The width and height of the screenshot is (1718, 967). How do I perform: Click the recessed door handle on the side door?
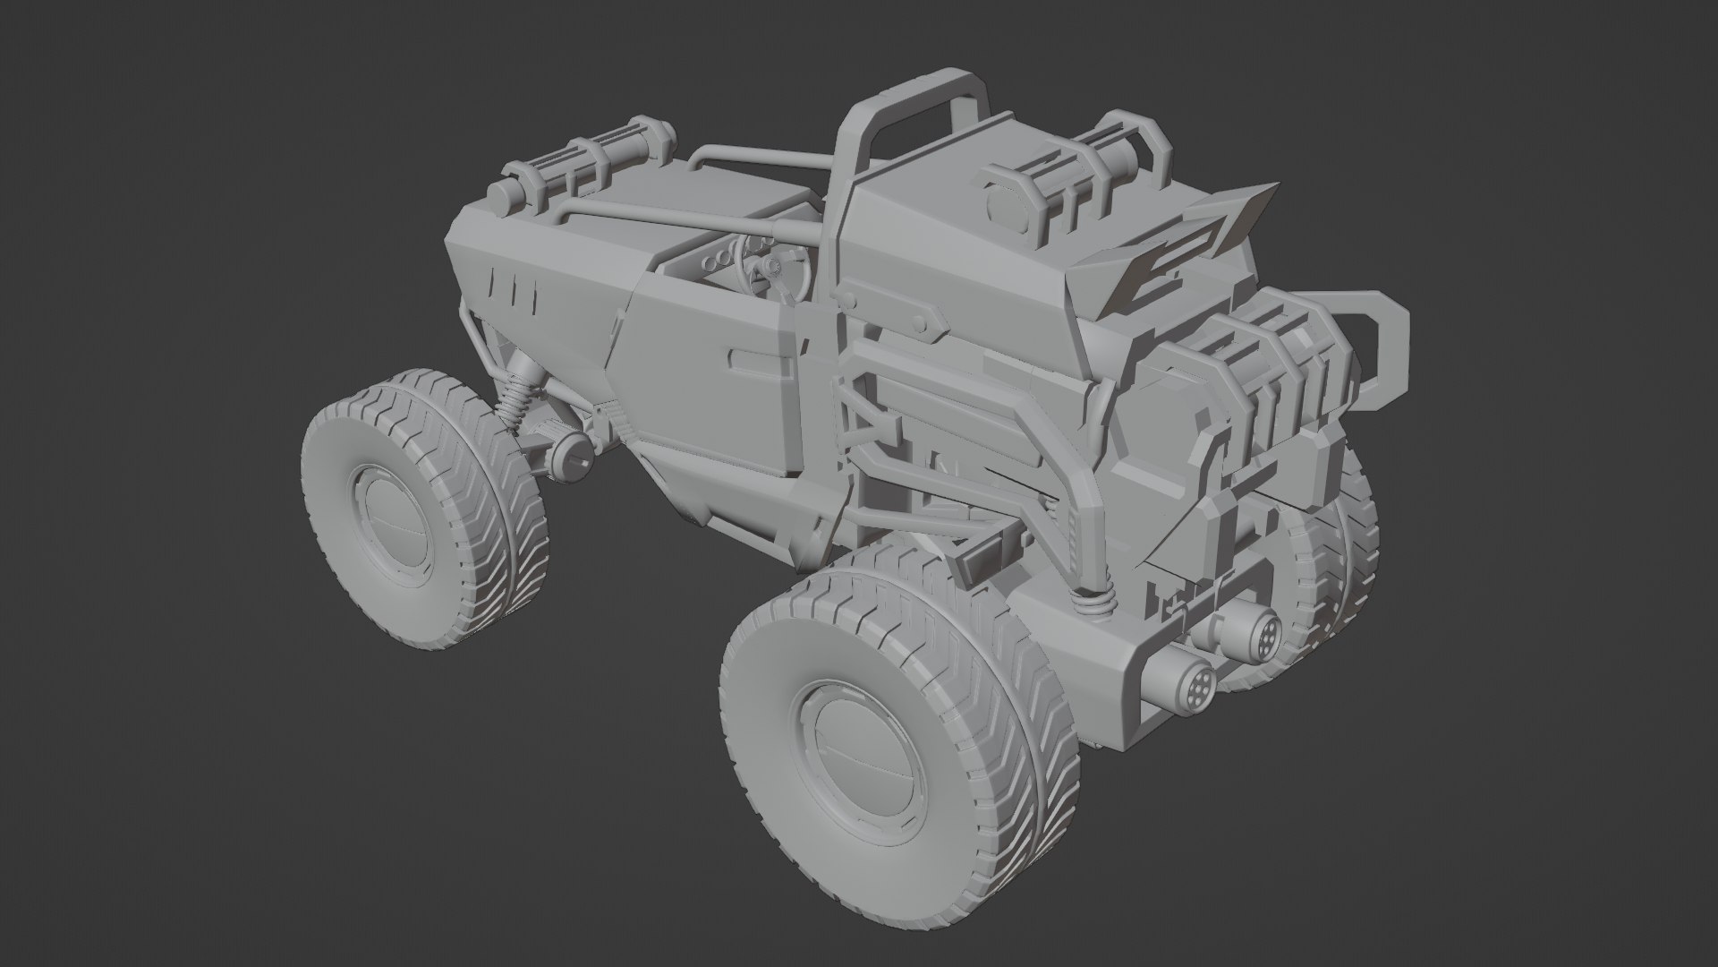(x=761, y=361)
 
